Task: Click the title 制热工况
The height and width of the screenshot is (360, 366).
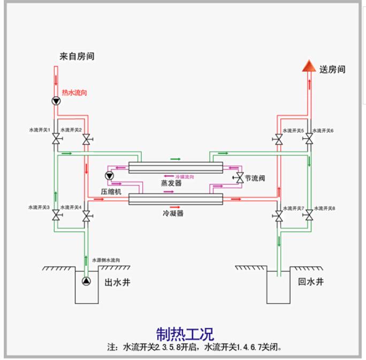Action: pyautogui.click(x=185, y=333)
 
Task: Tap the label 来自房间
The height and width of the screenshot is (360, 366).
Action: pyautogui.click(x=77, y=56)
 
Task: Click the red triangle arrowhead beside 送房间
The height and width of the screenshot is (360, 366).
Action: pyautogui.click(x=308, y=66)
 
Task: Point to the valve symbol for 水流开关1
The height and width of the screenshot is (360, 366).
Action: pyautogui.click(x=56, y=140)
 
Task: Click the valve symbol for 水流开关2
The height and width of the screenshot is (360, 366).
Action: pyautogui.click(x=86, y=140)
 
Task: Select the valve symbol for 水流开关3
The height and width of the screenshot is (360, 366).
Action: pyautogui.click(x=56, y=216)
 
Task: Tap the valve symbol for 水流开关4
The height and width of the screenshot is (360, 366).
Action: pyautogui.click(x=86, y=216)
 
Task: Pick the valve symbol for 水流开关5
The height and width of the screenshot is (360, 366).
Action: pyautogui.click(x=278, y=140)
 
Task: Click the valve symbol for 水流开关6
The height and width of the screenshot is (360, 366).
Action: pyautogui.click(x=308, y=140)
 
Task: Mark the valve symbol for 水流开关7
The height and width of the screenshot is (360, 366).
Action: pyautogui.click(x=278, y=216)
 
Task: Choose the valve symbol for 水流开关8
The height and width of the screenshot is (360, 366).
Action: pyautogui.click(x=308, y=216)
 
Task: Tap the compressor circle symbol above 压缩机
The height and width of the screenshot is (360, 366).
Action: pyautogui.click(x=109, y=176)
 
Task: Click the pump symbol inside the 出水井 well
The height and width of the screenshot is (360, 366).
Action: pyautogui.click(x=86, y=280)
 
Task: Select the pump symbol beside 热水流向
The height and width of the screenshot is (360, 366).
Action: pyautogui.click(x=56, y=100)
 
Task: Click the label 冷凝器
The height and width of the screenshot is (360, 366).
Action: pyautogui.click(x=173, y=213)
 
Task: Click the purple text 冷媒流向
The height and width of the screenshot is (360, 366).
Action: pyautogui.click(x=185, y=176)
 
